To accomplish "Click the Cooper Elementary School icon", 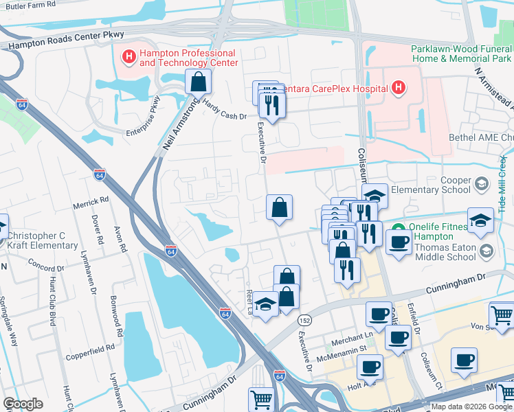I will [x=482, y=183].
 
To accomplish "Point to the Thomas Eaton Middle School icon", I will [x=487, y=251].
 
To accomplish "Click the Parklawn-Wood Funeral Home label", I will [x=461, y=54].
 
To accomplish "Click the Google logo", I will [x=23, y=403].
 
